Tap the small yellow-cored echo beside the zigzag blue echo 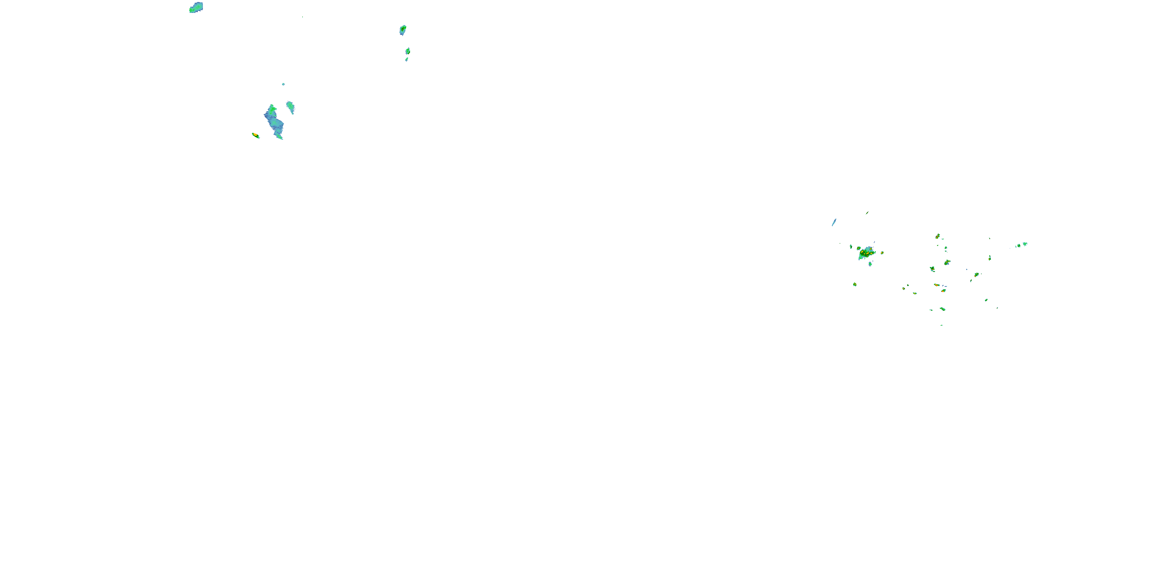(255, 135)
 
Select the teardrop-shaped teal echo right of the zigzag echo (290, 107)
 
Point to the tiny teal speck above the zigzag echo (283, 84)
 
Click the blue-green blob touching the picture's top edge (196, 7)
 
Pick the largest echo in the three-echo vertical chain (403, 30)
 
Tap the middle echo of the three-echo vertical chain (408, 51)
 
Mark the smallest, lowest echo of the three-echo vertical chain (407, 59)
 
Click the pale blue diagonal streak (834, 222)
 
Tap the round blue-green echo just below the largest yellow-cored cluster (870, 264)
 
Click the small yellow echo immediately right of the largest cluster (882, 252)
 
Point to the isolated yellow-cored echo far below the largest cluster (855, 284)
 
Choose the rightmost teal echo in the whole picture (1025, 244)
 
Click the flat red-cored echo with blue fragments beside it (937, 285)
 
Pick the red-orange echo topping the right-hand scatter (937, 236)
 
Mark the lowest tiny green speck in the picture (942, 325)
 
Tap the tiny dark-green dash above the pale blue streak (867, 213)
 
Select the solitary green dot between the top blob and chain (302, 17)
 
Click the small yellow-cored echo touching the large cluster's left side (859, 248)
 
